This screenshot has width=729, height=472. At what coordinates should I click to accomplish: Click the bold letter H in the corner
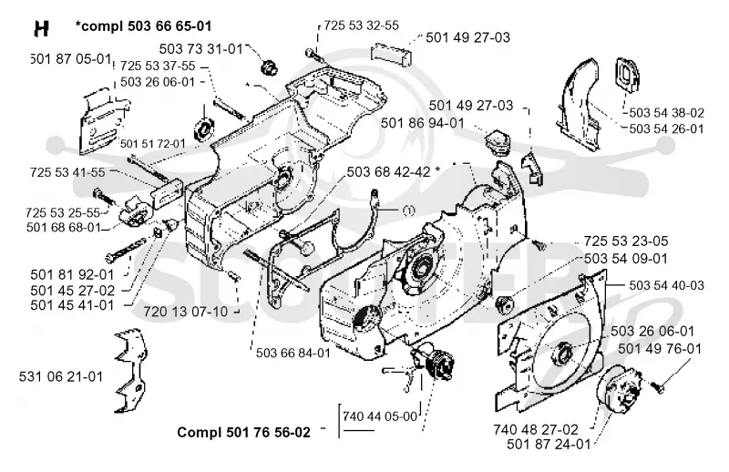point(41,29)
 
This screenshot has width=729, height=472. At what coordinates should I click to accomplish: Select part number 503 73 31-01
point(200,49)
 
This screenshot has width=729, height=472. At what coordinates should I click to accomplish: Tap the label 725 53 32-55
point(361,26)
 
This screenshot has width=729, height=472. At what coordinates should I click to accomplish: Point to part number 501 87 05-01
point(71,59)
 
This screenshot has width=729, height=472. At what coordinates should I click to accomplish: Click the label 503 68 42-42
point(389,171)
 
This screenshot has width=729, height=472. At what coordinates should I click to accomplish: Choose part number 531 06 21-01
point(61,376)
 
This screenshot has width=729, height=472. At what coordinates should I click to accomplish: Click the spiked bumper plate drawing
point(130,371)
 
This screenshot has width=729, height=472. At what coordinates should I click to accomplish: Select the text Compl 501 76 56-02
point(243,432)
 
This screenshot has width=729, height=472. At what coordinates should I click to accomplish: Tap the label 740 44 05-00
point(380,416)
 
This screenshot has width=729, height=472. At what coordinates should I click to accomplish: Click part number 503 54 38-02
point(667,113)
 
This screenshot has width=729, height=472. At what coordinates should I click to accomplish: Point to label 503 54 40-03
point(667,285)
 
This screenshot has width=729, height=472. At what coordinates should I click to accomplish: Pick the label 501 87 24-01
point(549,444)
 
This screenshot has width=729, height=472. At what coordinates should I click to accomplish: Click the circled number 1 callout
point(408,210)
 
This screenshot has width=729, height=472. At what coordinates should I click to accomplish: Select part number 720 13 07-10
point(186,311)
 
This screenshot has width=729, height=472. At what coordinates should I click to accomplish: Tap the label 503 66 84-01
point(293,353)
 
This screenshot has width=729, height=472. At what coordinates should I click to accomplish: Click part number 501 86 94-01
point(423,123)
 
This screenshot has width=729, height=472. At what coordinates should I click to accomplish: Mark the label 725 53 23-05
point(626,241)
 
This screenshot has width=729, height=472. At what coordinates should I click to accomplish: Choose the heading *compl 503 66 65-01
point(144,26)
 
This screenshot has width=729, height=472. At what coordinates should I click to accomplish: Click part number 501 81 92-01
point(72,274)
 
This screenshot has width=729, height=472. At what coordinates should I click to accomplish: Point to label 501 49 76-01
point(660,348)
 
